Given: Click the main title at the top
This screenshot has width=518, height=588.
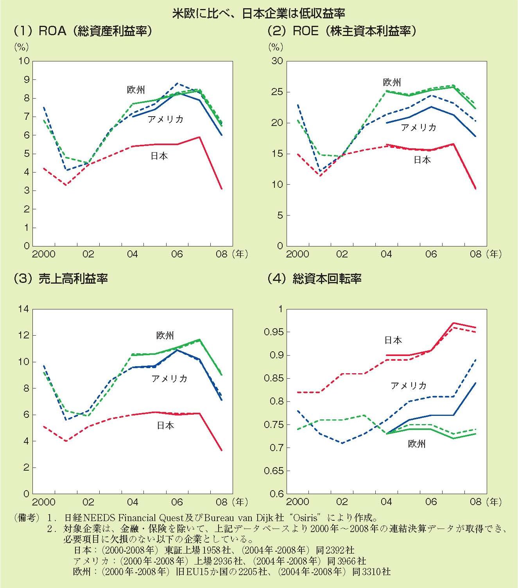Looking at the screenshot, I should (x=259, y=14).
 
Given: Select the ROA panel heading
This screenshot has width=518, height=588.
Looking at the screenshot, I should (x=82, y=31).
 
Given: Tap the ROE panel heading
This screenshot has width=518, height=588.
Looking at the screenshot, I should (x=342, y=31).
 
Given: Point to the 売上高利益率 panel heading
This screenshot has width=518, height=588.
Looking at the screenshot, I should (x=61, y=279).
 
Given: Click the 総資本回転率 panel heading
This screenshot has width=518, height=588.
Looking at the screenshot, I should (x=315, y=279).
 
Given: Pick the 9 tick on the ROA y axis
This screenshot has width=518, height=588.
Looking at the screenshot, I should (x=26, y=79).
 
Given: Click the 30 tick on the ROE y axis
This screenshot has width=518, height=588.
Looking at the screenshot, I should (x=277, y=61).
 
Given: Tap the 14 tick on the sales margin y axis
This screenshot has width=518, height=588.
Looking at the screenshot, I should (x=23, y=309).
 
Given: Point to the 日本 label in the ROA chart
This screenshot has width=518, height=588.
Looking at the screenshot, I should (x=159, y=156).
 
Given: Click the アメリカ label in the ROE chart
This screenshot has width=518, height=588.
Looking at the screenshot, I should (x=419, y=128).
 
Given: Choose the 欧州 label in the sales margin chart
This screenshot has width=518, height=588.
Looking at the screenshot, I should (x=165, y=336).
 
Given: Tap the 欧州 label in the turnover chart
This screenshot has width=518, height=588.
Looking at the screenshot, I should (x=417, y=444).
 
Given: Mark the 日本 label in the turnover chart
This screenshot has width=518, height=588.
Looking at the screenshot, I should (x=393, y=340).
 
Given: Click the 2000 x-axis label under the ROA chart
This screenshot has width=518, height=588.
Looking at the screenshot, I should (x=44, y=254).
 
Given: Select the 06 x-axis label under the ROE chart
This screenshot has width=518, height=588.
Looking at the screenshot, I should (x=431, y=254).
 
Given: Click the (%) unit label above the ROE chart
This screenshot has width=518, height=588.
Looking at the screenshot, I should (x=276, y=47).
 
